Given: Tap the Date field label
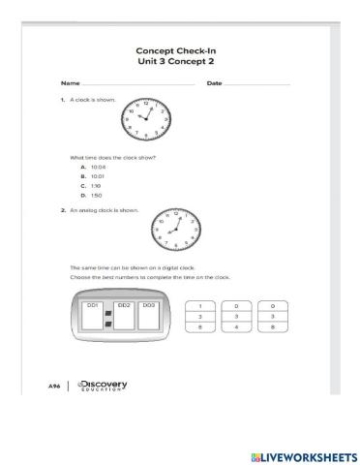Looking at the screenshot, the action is point(214,83).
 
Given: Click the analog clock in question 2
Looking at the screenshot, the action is point(175,230).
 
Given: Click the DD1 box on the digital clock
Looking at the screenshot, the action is point(95,317).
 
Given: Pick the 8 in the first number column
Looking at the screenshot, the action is point(198,327).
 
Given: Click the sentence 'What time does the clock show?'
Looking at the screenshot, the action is point(113,156).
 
